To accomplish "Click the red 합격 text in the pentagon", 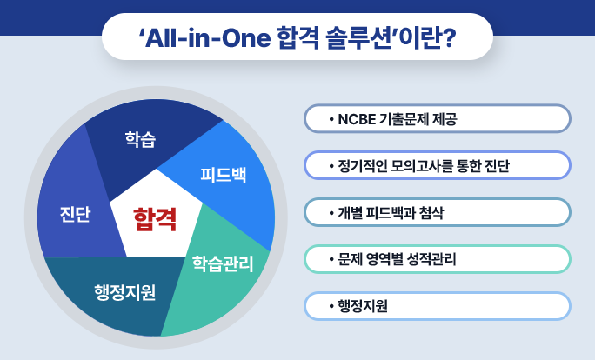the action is click(x=155, y=220).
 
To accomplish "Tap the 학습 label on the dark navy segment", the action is click(x=140, y=139).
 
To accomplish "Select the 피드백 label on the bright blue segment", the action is click(x=224, y=176).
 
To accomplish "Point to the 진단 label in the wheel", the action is click(x=75, y=214).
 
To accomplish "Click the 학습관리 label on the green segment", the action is click(x=223, y=263).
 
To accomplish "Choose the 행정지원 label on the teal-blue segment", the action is click(x=125, y=292).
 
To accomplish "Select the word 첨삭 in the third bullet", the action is click(x=431, y=213).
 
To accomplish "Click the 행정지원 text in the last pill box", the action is click(x=363, y=306).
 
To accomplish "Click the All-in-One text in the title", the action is click(x=208, y=38).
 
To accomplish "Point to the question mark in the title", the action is click(x=449, y=38).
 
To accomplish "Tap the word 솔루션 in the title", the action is click(x=358, y=38).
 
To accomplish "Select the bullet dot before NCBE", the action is click(x=331, y=120).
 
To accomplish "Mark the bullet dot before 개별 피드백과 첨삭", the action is click(x=331, y=213).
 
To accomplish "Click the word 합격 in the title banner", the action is click(x=298, y=38).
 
